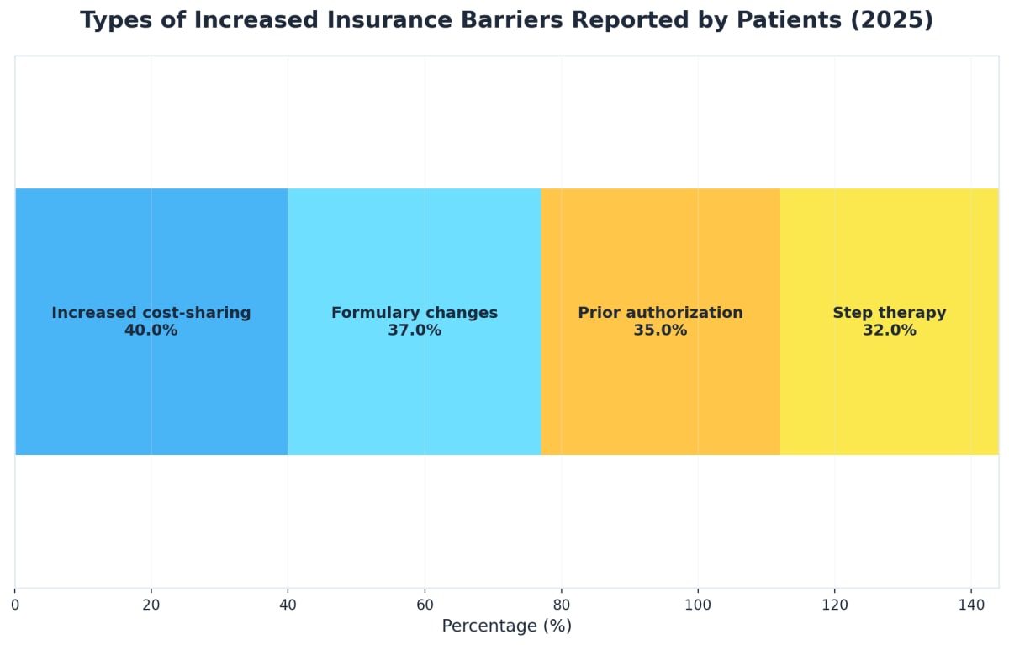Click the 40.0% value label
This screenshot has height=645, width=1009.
point(151,330)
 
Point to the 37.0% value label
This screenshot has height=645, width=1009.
point(415,330)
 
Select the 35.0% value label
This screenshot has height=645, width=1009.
point(660,330)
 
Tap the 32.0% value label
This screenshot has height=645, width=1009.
point(889,330)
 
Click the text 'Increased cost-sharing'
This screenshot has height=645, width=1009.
point(151,313)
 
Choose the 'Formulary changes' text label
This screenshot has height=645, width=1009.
point(415,313)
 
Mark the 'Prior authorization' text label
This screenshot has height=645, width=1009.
point(660,313)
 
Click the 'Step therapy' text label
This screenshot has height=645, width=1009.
point(889,313)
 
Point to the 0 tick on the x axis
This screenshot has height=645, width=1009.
point(15,604)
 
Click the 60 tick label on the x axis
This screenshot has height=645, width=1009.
point(425,604)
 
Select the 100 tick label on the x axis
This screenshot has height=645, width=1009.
point(697,604)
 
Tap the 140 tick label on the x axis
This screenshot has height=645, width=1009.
point(971,604)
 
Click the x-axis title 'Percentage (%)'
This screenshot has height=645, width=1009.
point(506,626)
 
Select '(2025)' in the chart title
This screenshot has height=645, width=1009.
point(891,21)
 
